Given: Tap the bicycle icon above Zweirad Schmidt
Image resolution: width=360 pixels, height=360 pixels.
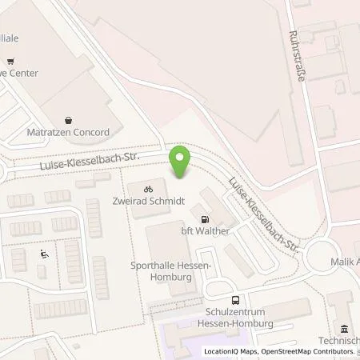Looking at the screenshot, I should pos(147,190).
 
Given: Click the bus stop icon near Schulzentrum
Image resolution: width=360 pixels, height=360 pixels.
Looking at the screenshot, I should pos(235,301).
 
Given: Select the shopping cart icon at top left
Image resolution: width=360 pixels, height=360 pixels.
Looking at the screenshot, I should pos(10,61).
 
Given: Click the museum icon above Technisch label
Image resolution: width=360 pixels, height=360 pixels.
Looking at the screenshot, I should pos(344,329).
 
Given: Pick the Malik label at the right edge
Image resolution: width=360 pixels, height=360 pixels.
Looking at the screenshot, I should pos(345,262).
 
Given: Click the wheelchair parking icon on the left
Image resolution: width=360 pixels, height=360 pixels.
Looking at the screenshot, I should pos(44,256).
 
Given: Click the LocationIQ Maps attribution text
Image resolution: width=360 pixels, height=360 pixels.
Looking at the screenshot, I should pos(234,351).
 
